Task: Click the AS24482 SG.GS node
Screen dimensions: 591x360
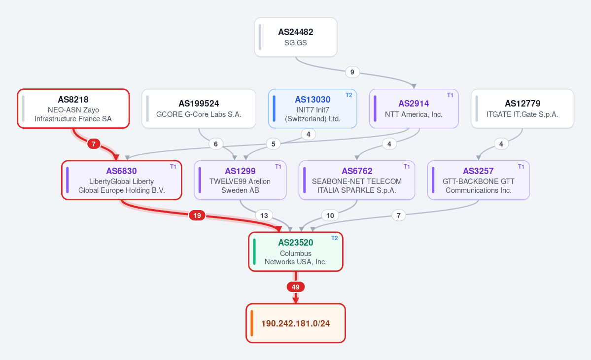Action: pyautogui.click(x=296, y=37)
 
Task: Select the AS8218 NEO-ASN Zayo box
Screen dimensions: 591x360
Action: pyautogui.click(x=73, y=108)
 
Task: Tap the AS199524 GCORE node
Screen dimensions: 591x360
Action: pyautogui.click(x=199, y=108)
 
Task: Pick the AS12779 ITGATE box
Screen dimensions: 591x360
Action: pyautogui.click(x=522, y=108)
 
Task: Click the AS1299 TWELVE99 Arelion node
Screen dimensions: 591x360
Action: pyautogui.click(x=240, y=180)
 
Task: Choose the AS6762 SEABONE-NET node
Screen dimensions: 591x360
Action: pyautogui.click(x=356, y=180)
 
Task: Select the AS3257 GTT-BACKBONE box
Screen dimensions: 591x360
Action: pyautogui.click(x=478, y=180)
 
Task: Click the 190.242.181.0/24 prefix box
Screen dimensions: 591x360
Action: pyautogui.click(x=296, y=323)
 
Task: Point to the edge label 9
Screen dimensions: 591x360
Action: pyautogui.click(x=352, y=72)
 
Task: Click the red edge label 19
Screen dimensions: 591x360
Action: pyautogui.click(x=197, y=216)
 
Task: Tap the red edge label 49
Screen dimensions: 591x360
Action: pyautogui.click(x=296, y=287)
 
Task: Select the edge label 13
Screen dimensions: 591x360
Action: pyautogui.click(x=264, y=216)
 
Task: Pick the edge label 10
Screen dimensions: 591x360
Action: pyautogui.click(x=330, y=216)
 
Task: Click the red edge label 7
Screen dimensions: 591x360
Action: pyautogui.click(x=94, y=144)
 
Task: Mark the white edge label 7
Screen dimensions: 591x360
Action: pyautogui.click(x=399, y=216)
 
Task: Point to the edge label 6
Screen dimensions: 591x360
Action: pyautogui.click(x=215, y=144)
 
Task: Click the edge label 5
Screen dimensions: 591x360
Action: pyautogui.click(x=273, y=144)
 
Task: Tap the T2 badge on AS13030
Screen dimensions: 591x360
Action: pyautogui.click(x=348, y=95)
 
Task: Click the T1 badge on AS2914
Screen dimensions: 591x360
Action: pyautogui.click(x=450, y=95)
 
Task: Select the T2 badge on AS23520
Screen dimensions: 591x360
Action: pyautogui.click(x=334, y=238)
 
